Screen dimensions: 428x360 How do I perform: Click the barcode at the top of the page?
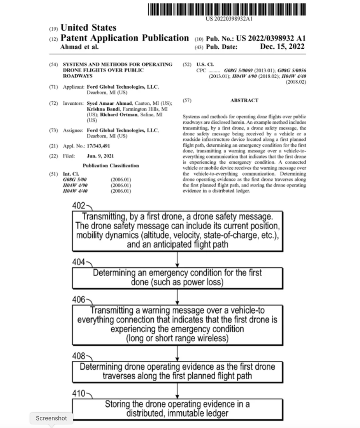227,9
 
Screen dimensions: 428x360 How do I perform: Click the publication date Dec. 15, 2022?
282,47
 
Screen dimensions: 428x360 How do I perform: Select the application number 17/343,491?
98,146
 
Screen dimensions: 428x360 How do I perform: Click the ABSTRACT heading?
244,101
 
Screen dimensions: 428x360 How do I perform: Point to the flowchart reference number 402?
79,206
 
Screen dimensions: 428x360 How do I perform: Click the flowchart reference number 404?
79,262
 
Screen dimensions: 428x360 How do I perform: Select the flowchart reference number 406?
79,300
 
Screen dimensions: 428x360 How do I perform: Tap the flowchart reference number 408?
79,356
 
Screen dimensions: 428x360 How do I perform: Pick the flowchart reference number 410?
79,393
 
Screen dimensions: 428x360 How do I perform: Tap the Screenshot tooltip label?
51,418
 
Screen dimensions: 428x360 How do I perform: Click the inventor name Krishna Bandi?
102,109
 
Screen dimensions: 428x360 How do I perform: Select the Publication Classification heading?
111,166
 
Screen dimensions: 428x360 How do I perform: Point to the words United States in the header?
89,28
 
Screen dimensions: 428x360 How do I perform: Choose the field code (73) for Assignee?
53,131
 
